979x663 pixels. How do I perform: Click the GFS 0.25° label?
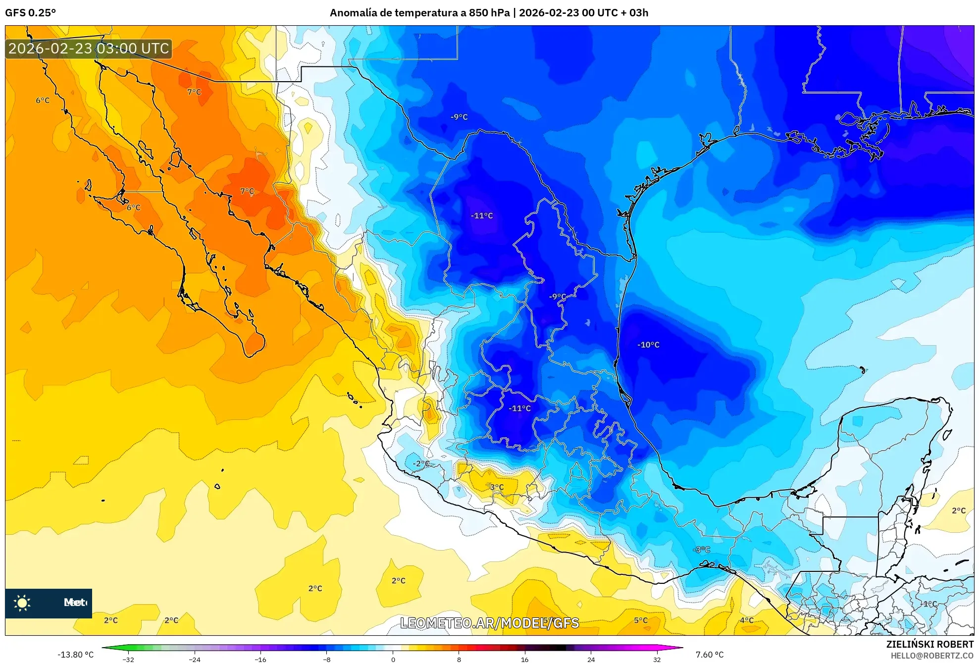click(x=30, y=13)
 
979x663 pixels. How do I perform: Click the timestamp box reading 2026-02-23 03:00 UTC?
click(x=89, y=49)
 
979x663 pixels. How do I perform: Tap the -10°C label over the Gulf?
click(x=648, y=345)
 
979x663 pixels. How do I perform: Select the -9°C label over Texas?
click(x=459, y=117)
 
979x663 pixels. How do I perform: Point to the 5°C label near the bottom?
click(x=641, y=620)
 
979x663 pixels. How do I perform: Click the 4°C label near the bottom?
click(x=747, y=620)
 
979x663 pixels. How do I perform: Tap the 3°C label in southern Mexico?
click(x=497, y=487)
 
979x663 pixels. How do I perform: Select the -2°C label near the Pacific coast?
click(x=421, y=463)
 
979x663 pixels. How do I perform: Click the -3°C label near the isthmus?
click(x=701, y=549)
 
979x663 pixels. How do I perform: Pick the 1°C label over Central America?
click(x=930, y=604)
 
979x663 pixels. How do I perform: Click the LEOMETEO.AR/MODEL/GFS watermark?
click(x=489, y=623)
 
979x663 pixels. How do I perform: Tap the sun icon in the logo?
click(x=22, y=603)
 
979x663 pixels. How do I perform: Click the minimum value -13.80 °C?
click(x=75, y=655)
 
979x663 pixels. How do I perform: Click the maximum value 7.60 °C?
click(x=710, y=655)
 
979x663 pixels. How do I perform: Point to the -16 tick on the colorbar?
click(x=260, y=659)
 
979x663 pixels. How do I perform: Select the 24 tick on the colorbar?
click(x=591, y=659)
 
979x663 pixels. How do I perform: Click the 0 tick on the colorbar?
click(x=393, y=659)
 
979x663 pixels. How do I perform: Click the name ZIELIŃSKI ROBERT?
click(x=929, y=644)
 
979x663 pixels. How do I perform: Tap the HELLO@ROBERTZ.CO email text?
click(x=932, y=656)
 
